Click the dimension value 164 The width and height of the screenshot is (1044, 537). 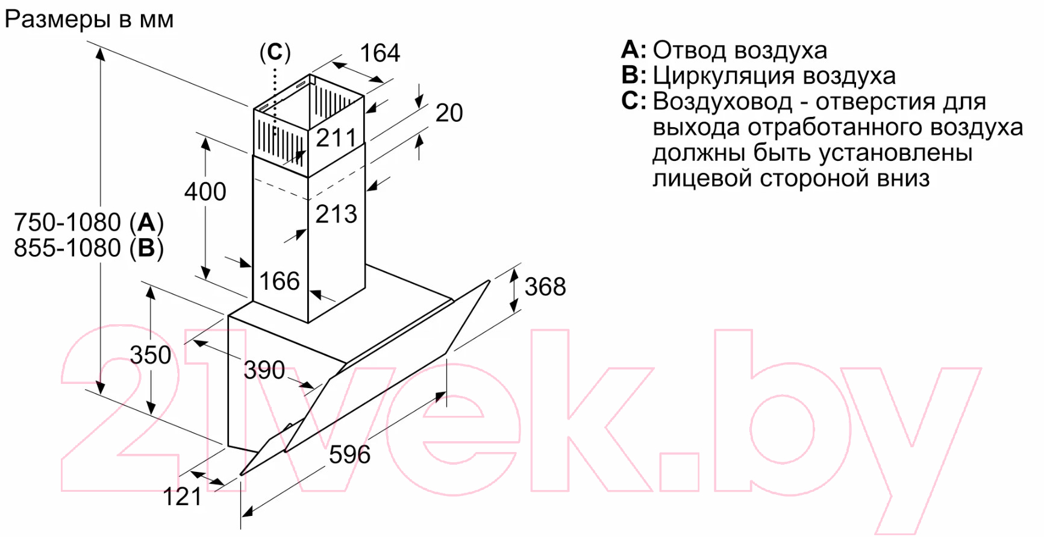tap(380, 53)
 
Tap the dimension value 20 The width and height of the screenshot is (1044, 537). tap(449, 113)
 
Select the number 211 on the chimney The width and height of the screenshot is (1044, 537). tap(337, 138)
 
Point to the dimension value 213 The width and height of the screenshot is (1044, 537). tap(337, 214)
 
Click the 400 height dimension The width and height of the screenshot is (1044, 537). tap(205, 192)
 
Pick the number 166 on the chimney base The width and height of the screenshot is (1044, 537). tap(280, 281)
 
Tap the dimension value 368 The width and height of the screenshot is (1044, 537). tap(545, 287)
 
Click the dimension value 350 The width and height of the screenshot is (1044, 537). tap(151, 355)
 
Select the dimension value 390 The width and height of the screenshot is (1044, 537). tap(264, 370)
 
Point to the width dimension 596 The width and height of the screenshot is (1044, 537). tap(350, 454)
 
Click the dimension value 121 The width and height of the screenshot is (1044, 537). tap(183, 497)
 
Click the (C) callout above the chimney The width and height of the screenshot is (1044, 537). tap(275, 52)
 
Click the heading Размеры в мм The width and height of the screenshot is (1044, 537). tap(89, 20)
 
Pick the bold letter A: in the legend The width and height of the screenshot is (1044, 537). tap(634, 49)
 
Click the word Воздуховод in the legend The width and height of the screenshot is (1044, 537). tap(723, 101)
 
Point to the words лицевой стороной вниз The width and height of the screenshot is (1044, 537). tap(792, 179)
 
